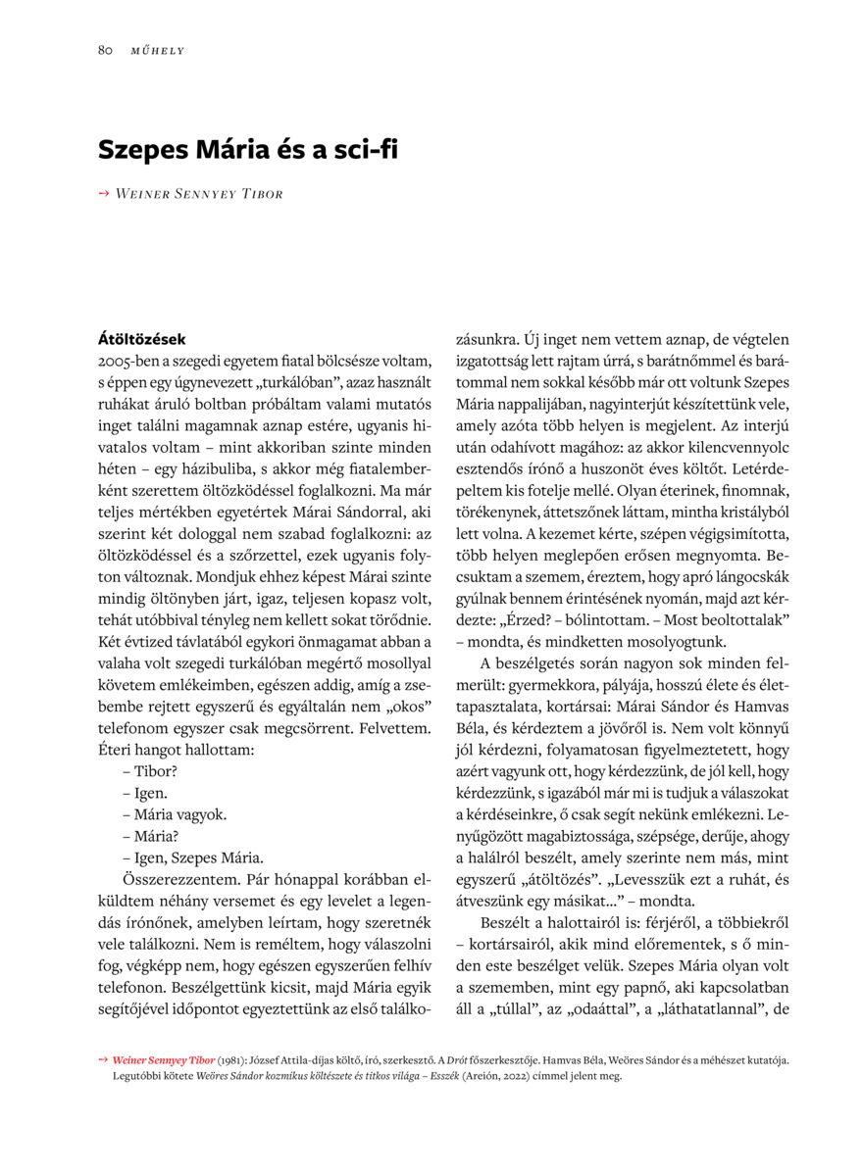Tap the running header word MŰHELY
[x=157, y=51]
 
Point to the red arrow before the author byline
[x=103, y=193]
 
